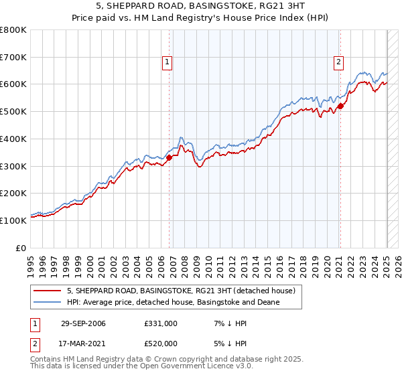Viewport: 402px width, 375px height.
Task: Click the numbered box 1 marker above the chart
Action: tap(166, 63)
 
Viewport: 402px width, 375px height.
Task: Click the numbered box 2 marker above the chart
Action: tap(338, 63)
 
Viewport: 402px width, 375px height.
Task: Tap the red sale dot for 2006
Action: tap(170, 157)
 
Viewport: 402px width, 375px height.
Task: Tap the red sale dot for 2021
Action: tap(340, 105)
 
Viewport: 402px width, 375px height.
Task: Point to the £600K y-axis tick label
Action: tap(13, 84)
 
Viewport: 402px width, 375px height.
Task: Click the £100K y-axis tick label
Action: tap(13, 220)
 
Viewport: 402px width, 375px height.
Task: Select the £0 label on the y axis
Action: tap(20, 248)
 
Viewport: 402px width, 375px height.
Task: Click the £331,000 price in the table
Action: tap(160, 323)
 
